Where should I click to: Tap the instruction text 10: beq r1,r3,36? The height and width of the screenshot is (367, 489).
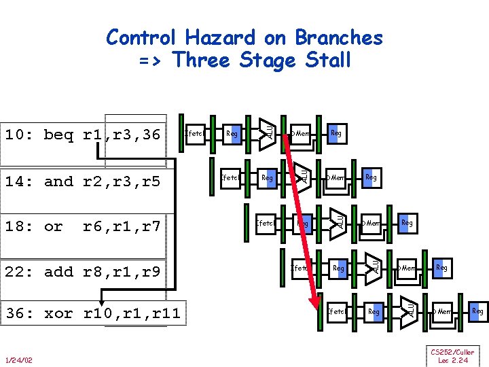click(82, 135)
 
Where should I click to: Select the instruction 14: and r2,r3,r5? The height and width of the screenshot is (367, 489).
click(82, 181)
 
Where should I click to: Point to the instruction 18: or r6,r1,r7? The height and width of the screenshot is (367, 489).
click(82, 226)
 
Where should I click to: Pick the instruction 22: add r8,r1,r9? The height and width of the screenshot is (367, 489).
click(82, 272)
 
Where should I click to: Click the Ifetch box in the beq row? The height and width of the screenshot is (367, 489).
click(195, 134)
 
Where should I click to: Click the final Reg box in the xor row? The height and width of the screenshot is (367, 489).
click(477, 311)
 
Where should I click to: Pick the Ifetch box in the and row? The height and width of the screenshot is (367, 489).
click(230, 178)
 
